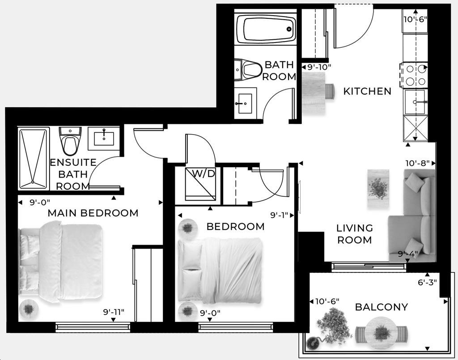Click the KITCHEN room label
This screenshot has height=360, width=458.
[367, 91]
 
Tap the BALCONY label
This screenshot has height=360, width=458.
[381, 307]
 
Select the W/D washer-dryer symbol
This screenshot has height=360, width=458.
[200, 183]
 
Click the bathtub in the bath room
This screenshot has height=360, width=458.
[269, 29]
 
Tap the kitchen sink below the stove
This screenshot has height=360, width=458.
[416, 102]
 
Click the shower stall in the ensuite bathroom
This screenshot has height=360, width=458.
[34, 159]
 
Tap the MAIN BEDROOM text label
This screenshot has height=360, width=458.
[93, 213]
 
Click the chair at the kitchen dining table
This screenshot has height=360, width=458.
[330, 91]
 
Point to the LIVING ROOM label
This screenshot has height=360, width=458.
[354, 234]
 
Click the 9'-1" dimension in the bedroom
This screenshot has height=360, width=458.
[280, 215]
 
